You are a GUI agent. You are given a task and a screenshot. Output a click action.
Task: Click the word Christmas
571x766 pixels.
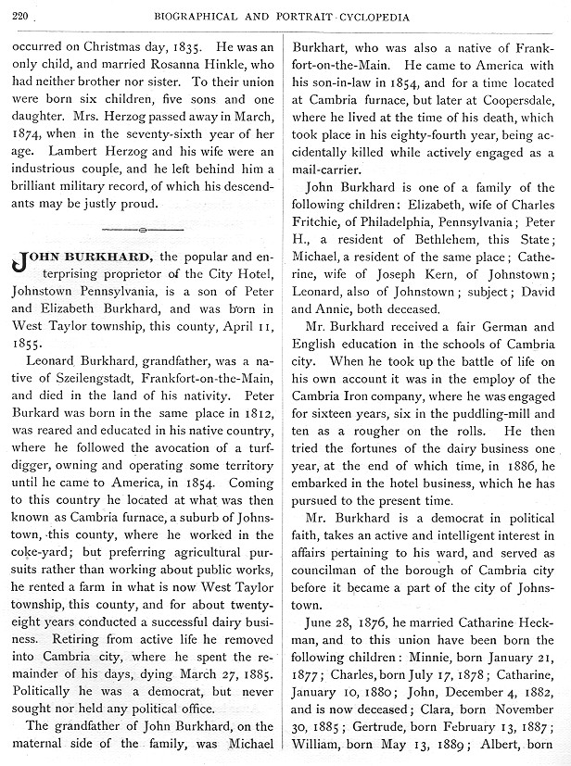[x=103, y=44]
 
